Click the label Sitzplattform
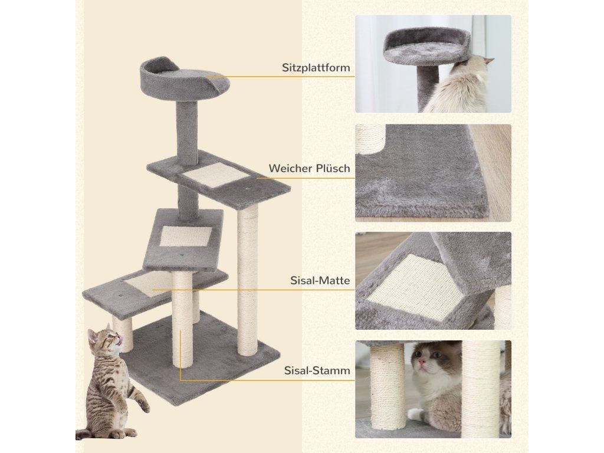[316, 68]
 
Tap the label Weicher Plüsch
[309, 168]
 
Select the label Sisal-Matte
[320, 280]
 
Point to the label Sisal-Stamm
[317, 370]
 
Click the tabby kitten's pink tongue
[120, 339]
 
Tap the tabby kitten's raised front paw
[143, 405]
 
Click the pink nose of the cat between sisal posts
[422, 362]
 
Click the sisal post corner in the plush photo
[370, 138]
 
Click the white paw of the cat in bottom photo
[415, 414]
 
